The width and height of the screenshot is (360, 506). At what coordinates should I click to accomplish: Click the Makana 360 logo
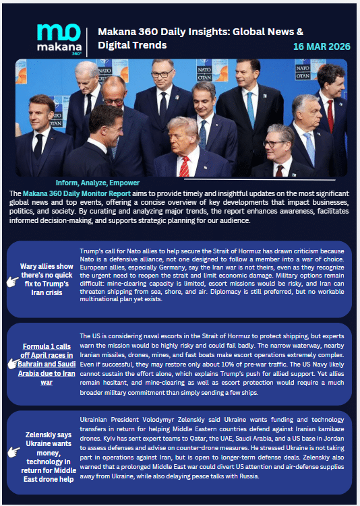(59, 40)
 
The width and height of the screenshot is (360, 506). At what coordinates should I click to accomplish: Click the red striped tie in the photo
(185, 166)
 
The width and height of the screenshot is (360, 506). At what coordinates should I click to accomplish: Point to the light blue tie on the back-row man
(251, 108)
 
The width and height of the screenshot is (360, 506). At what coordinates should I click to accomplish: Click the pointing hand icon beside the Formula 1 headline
(11, 364)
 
